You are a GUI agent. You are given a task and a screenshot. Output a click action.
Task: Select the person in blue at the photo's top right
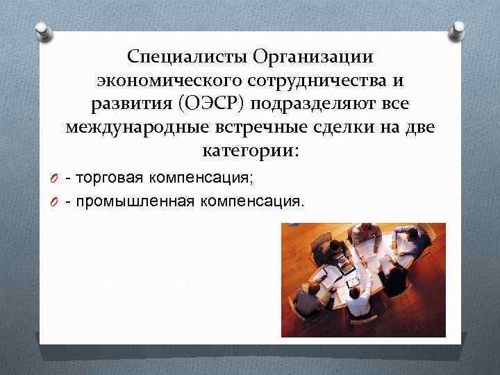coord(410,240)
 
